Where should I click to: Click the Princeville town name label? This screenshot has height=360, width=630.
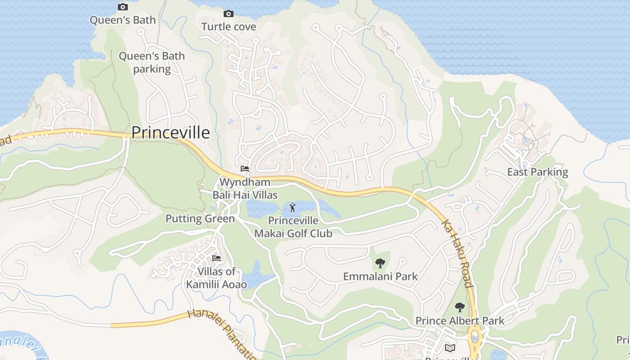tap(171, 132)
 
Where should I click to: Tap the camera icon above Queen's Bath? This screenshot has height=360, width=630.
tap(122, 7)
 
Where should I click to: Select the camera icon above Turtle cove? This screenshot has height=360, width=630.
tap(229, 13)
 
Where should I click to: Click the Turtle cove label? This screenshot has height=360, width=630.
tap(229, 27)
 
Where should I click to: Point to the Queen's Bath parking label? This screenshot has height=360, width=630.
tap(152, 63)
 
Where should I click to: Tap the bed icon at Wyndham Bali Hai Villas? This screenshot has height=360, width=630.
tap(245, 169)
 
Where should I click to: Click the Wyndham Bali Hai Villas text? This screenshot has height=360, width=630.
tap(245, 189)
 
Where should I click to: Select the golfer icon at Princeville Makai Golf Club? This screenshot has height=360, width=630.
tap(293, 207)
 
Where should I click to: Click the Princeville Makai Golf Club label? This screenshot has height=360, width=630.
tap(293, 227)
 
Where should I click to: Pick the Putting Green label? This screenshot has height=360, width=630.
tap(200, 219)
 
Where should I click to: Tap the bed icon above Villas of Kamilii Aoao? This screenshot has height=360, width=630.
tap(216, 258)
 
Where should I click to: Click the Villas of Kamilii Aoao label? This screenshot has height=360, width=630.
tap(216, 278)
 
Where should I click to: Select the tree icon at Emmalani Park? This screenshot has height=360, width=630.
tap(380, 263)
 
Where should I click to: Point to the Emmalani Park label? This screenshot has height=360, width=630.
tap(380, 276)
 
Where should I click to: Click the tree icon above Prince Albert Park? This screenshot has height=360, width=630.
tap(459, 307)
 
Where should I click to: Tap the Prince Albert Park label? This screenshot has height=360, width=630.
tap(459, 321)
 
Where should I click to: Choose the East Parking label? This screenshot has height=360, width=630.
tap(537, 172)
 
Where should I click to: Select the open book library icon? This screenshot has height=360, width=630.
tap(450, 347)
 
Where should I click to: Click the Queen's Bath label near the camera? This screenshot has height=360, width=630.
tap(122, 20)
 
